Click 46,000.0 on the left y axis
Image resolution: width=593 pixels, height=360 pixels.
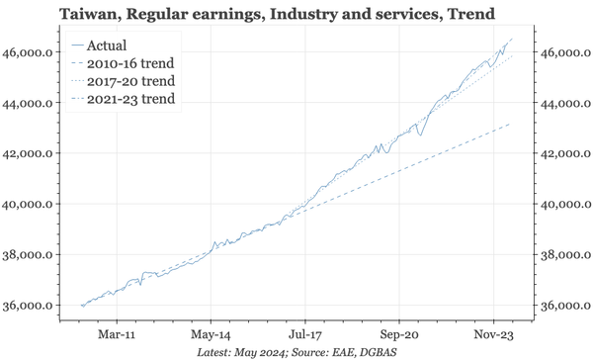pyautogui.click(x=35, y=52)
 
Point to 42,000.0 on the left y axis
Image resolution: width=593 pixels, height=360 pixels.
pyautogui.click(x=35, y=153)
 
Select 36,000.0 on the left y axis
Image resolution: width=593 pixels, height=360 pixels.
pyautogui.click(x=35, y=306)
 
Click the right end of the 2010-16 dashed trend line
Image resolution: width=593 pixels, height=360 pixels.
pyautogui.click(x=511, y=125)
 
